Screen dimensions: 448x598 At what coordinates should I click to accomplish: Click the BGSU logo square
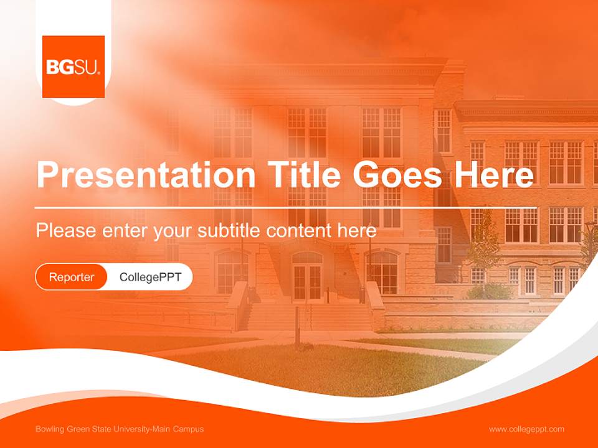point(74,67)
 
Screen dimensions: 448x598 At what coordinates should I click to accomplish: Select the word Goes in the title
point(397,175)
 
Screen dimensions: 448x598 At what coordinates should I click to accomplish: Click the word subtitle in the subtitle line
point(230,231)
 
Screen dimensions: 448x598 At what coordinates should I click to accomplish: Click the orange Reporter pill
point(72,277)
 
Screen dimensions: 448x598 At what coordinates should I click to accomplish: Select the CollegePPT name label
point(150,277)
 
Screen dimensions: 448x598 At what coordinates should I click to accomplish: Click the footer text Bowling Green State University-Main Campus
point(120,429)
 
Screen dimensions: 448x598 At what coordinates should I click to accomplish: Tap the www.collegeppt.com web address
point(526,429)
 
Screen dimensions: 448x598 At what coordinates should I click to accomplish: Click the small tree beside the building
point(484,246)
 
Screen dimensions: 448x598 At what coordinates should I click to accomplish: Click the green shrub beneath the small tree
point(490,291)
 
